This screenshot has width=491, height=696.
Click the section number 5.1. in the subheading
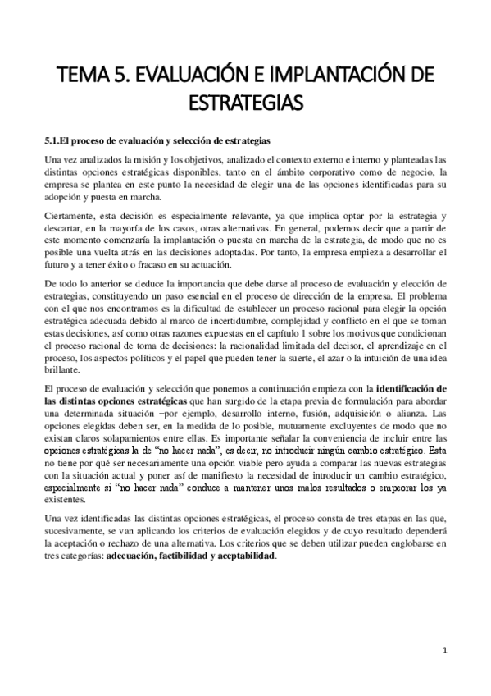pyautogui.click(x=53, y=140)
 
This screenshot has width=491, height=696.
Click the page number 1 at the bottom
pyautogui.click(x=443, y=652)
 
